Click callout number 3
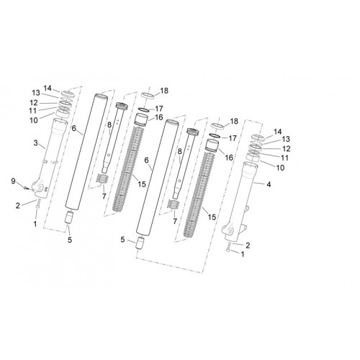35,143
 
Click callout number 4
269,184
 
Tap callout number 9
13,181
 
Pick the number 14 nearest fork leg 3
48,89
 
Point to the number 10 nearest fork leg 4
280,168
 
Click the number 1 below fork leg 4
243,254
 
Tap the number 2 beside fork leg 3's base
17,206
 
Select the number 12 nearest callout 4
287,148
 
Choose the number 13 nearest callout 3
36,93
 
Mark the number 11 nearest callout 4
284,158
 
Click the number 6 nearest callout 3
74,128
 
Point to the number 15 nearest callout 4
212,217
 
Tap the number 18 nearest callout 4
234,121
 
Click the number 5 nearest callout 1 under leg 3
70,240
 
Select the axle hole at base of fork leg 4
230,231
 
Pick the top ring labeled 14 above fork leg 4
258,138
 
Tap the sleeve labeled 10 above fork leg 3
63,114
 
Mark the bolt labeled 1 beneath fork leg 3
37,207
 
